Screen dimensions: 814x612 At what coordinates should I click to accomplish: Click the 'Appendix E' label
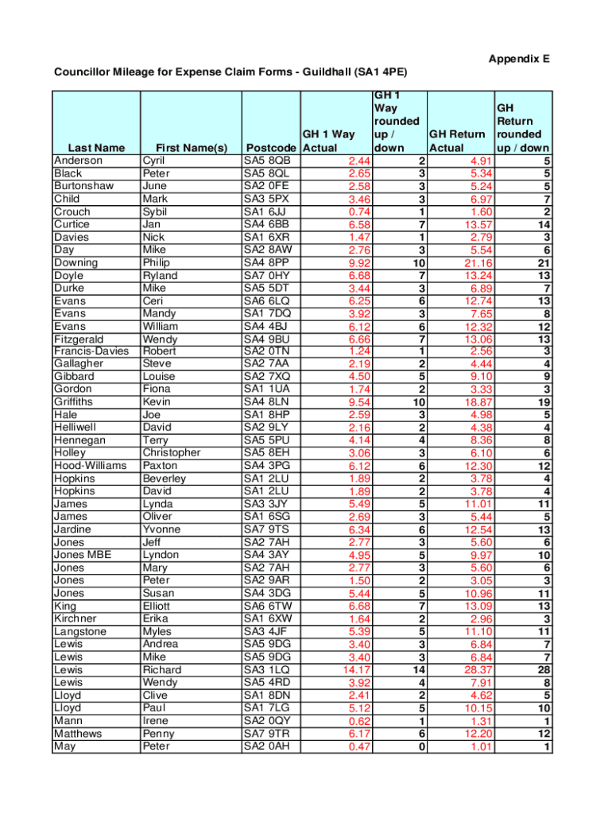[519, 59]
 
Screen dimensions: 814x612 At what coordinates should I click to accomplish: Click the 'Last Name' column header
[96, 148]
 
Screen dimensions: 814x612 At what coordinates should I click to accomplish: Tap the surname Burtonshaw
[83, 186]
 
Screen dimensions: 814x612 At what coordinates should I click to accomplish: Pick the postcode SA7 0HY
[267, 275]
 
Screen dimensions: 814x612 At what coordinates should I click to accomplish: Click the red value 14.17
[354, 669]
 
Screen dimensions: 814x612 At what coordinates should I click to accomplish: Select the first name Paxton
[161, 466]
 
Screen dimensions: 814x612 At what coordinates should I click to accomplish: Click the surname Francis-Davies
[90, 351]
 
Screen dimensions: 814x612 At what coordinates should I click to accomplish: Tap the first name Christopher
[172, 453]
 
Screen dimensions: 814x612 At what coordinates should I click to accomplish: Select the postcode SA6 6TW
[267, 606]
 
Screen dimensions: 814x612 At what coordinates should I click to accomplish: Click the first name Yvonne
[161, 529]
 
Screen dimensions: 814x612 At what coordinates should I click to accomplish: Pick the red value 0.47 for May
[359, 746]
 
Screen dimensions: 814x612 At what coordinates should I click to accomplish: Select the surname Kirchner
[76, 618]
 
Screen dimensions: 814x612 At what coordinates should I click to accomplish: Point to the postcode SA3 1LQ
[267, 669]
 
